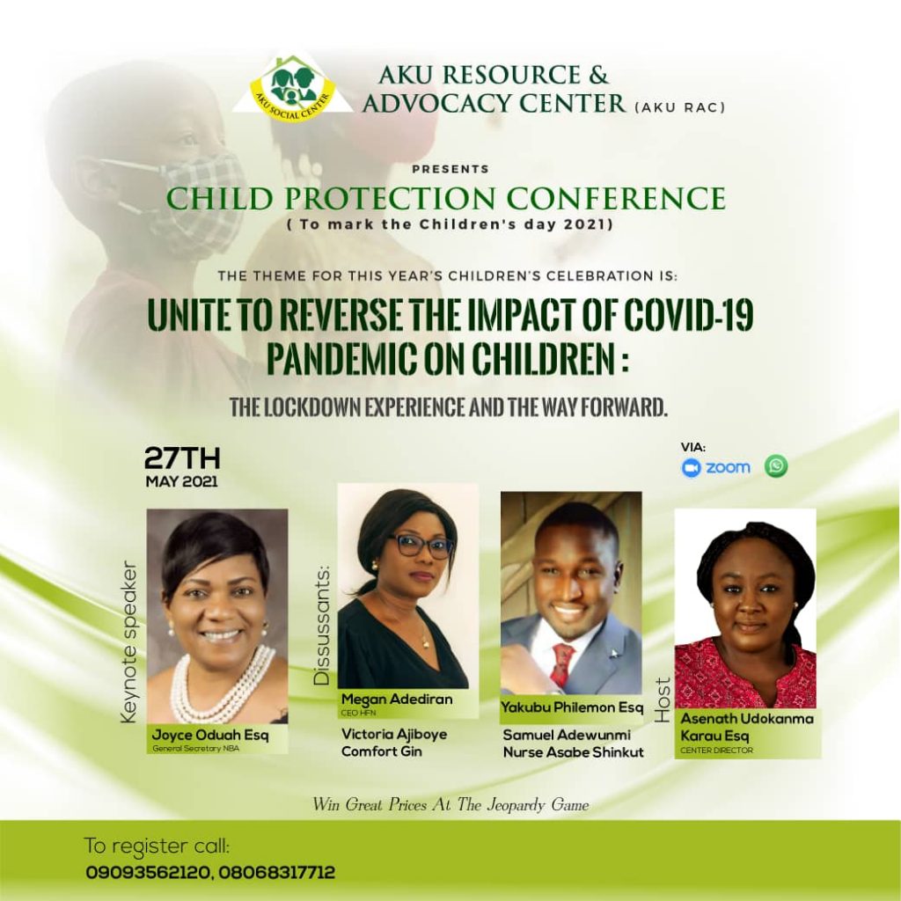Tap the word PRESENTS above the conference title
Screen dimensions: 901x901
[450, 169]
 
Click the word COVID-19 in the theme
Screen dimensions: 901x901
[688, 316]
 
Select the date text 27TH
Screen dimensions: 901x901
[181, 458]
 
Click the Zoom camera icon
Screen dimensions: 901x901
[691, 468]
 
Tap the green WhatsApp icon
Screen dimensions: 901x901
[776, 465]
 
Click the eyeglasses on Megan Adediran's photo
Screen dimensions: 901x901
[421, 546]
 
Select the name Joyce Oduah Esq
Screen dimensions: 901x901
[209, 735]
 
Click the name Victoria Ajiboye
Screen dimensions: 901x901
[393, 734]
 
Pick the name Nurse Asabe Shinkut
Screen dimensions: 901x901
[574, 751]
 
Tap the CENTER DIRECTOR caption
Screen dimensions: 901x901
[716, 750]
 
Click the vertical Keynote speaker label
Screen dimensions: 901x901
[130, 641]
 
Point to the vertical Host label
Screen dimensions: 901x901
[663, 700]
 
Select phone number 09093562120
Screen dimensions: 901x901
[146, 873]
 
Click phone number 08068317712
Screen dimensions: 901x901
[276, 873]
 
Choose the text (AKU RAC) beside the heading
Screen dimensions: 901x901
[680, 107]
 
